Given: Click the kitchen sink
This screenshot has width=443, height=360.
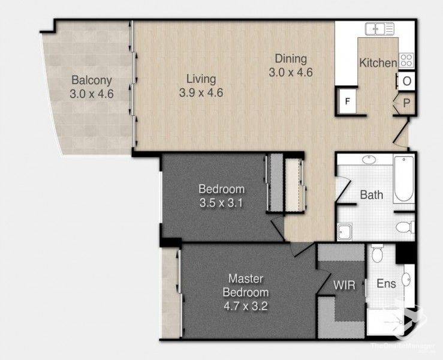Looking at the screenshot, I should tap(379, 28).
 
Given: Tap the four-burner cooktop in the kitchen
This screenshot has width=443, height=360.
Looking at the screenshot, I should tap(406, 60).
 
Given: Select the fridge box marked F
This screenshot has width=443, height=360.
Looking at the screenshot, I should tap(346, 101).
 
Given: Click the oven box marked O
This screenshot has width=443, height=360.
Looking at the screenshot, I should tap(406, 81).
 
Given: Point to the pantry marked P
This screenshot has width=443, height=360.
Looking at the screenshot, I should tap(406, 103).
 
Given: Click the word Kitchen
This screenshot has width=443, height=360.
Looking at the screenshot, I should tap(377, 63).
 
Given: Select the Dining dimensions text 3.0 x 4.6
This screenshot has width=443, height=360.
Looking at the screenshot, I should tap(291, 72).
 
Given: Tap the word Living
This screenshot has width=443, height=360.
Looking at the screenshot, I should tap(201, 79).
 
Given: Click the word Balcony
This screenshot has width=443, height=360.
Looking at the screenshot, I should tap(92, 80).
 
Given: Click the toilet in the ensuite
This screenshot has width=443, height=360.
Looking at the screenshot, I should tap(378, 254).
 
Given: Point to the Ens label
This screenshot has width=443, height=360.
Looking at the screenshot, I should tap(386, 284).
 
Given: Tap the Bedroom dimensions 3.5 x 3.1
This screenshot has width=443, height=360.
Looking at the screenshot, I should tap(221, 203).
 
